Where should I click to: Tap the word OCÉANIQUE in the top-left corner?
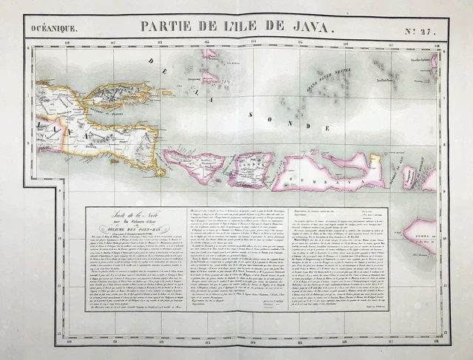click(53, 29)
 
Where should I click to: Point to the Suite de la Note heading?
click(133, 215)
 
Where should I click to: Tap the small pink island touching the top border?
click(210, 53)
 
